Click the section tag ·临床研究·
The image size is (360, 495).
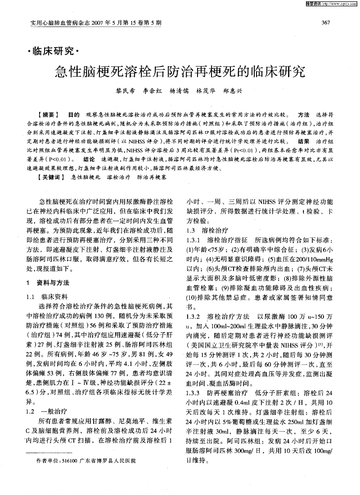pos(53,52)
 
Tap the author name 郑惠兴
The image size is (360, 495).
pos(233,90)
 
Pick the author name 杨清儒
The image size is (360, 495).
pos(178,90)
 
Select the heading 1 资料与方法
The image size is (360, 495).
pos(48,283)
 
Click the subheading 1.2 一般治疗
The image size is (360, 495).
pos(47,411)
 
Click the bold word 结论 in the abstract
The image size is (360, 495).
pos(89,160)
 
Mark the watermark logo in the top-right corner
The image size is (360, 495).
pos(328,4)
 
